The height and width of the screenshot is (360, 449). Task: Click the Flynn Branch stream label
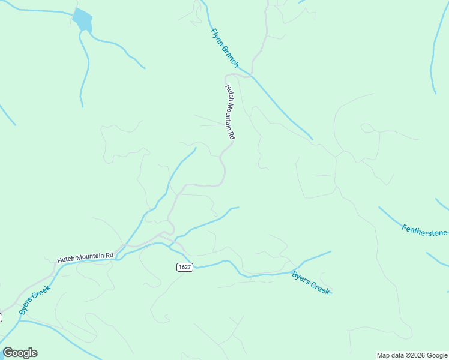click(x=224, y=48)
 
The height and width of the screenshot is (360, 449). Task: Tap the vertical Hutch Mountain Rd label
click(x=229, y=112)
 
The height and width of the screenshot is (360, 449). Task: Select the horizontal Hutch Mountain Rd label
click(x=85, y=257)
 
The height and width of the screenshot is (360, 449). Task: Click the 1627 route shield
click(x=185, y=267)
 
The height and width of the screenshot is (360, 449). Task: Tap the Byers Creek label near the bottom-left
click(x=34, y=300)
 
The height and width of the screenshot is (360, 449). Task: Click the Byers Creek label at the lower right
click(x=311, y=283)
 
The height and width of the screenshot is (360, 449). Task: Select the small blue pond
click(x=83, y=20)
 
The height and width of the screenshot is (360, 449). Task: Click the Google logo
click(x=20, y=353)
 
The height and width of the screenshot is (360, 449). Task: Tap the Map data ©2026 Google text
click(x=411, y=355)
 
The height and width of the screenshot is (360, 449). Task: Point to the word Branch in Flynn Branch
click(x=230, y=56)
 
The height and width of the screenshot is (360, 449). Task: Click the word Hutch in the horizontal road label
click(x=65, y=260)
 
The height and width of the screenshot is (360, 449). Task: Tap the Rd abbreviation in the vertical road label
click(x=231, y=136)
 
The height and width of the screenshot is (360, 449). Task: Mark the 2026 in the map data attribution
click(x=414, y=355)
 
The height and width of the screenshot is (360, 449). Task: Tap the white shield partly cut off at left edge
click(x=1, y=317)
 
